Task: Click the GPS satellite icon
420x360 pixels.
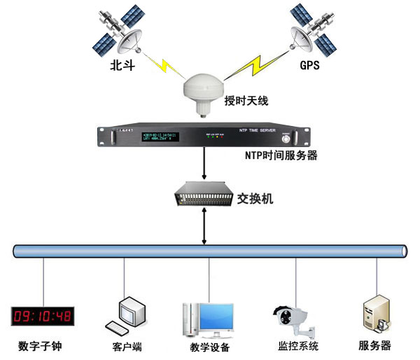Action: tap(309, 32)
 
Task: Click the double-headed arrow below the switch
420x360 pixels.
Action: tap(204, 226)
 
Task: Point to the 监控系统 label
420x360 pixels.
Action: tap(298, 346)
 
